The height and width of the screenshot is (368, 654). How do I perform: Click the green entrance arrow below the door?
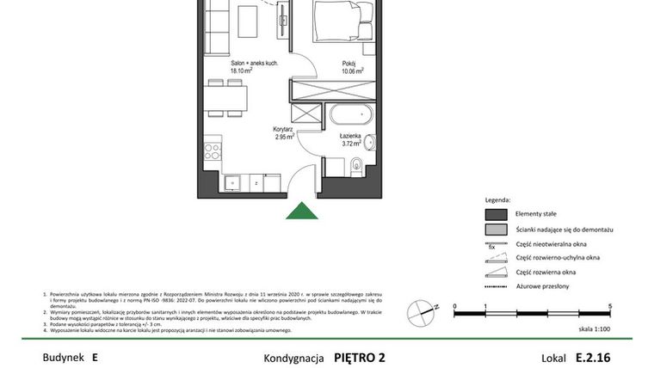coord(300,211)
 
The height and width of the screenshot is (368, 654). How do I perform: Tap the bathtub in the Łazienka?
coord(349,114)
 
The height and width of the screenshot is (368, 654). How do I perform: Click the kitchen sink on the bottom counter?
coord(231,183)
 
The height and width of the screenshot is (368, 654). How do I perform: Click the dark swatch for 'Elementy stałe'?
coord(497,215)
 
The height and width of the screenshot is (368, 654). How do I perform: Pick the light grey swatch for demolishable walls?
coord(497,230)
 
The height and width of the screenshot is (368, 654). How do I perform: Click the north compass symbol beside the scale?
coord(420,307)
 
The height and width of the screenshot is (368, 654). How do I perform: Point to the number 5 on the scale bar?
coord(609,306)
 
